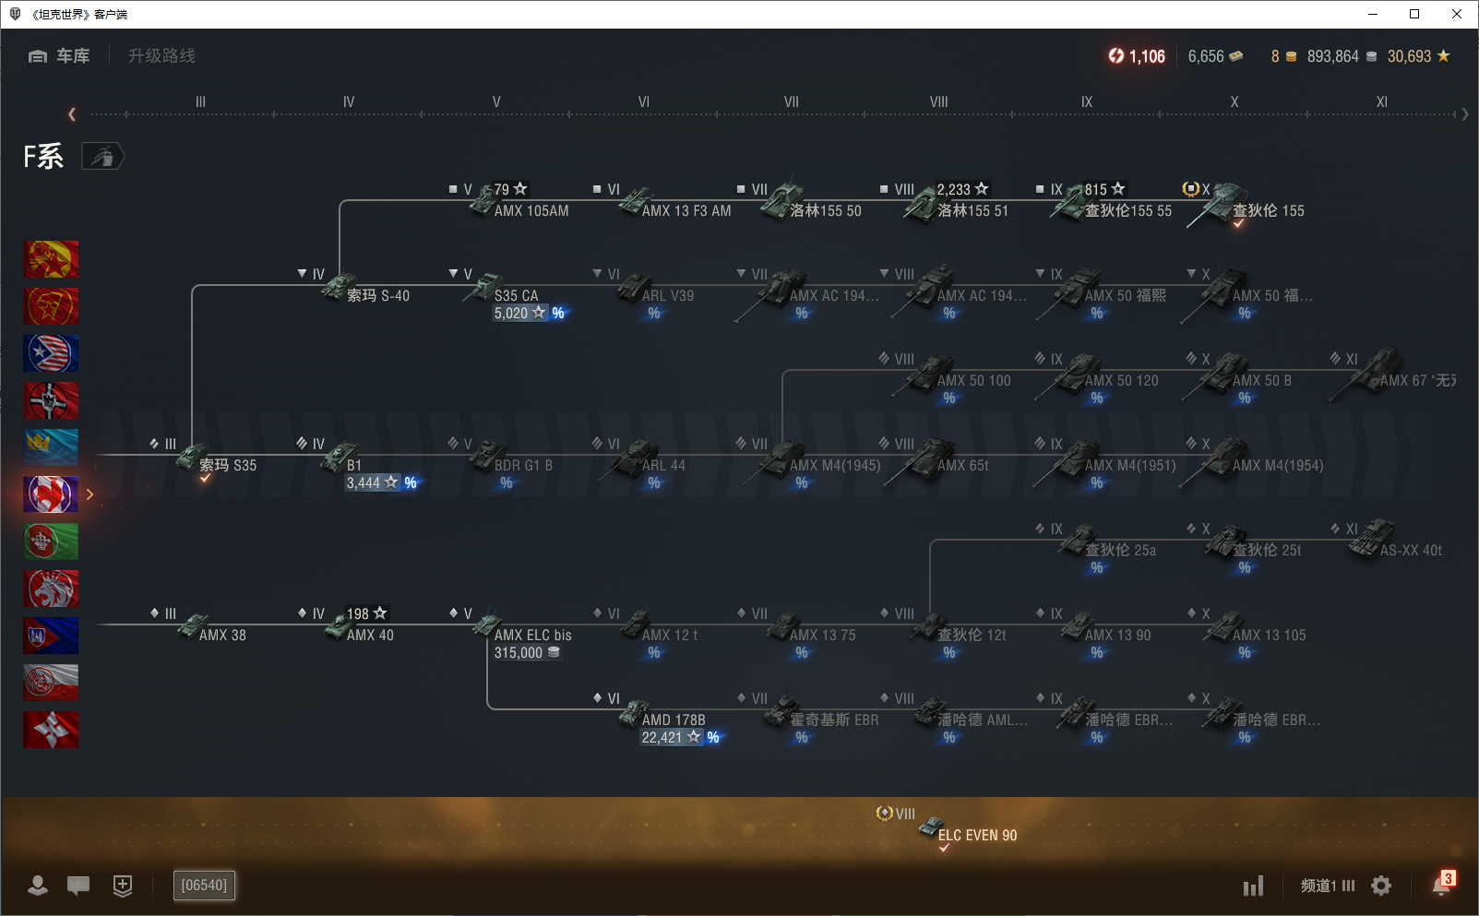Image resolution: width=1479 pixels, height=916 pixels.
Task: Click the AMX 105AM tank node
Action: pyautogui.click(x=531, y=210)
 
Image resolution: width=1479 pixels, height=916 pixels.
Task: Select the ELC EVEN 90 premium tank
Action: pyautogui.click(x=976, y=835)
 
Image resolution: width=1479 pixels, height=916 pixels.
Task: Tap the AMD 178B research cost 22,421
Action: pyautogui.click(x=662, y=737)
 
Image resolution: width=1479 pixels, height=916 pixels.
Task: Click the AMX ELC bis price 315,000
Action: pyautogui.click(x=519, y=652)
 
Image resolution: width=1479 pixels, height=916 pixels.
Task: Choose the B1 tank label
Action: pyautogui.click(x=354, y=465)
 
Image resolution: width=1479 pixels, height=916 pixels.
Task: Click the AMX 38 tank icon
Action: pyautogui.click(x=192, y=626)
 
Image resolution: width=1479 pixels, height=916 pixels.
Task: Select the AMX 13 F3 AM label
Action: pyautogui.click(x=686, y=210)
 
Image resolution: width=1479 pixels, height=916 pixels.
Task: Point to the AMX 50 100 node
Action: pyautogui.click(x=973, y=380)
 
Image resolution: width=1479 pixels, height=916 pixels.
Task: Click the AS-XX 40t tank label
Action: pyautogui.click(x=1411, y=550)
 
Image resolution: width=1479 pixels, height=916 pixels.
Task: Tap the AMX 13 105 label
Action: pyautogui.click(x=1269, y=635)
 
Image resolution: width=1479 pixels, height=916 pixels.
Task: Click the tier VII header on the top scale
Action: pyautogui.click(x=791, y=102)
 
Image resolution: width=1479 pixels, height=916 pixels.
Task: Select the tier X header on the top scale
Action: pyautogui.click(x=1234, y=102)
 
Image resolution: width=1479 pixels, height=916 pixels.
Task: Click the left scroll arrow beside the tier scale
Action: pyautogui.click(x=72, y=114)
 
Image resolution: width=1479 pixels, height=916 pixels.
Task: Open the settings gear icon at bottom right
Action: pyautogui.click(x=1381, y=886)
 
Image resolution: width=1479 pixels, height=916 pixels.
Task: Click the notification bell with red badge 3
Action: pyautogui.click(x=1442, y=885)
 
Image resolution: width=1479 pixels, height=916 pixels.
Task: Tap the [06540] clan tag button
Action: pyautogui.click(x=204, y=886)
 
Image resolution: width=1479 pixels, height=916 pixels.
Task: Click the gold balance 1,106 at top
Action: pyautogui.click(x=1138, y=56)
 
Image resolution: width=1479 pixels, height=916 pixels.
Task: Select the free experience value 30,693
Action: pyautogui.click(x=1409, y=56)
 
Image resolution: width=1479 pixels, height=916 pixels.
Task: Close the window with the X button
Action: pyautogui.click(x=1457, y=14)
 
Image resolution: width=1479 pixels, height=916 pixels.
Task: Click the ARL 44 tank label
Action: pyautogui.click(x=663, y=465)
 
